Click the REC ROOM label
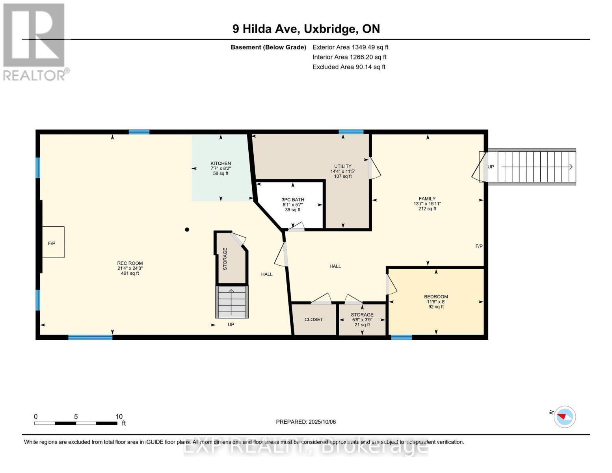[x=130, y=263]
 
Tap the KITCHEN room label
[x=220, y=163]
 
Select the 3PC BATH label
[x=293, y=200]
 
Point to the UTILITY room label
[x=342, y=166]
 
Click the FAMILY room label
[x=427, y=199]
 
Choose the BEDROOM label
[x=436, y=297]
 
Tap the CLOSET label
[x=314, y=320]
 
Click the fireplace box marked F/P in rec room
[x=53, y=242]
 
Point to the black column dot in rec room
[x=187, y=230]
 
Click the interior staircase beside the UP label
[x=232, y=302]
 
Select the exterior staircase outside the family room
[x=532, y=167]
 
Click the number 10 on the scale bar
[x=119, y=417]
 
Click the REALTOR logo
[x=35, y=41]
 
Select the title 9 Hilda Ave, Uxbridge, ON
[x=306, y=29]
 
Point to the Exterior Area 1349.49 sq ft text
[x=350, y=47]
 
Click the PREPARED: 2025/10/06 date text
[x=306, y=422]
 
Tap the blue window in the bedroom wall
[x=401, y=337]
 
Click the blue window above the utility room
[x=351, y=132]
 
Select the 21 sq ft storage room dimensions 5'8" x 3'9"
[x=362, y=320]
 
